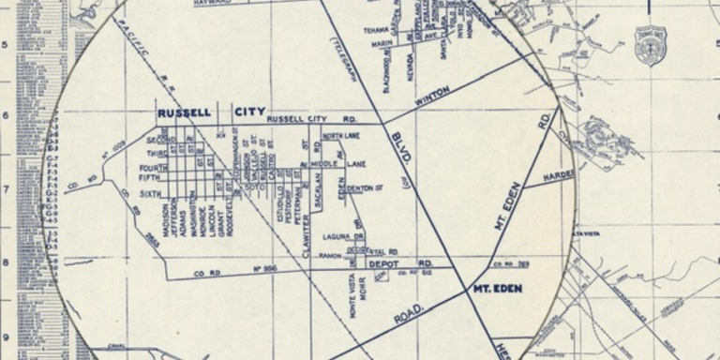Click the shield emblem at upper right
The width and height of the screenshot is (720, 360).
tap(650, 43)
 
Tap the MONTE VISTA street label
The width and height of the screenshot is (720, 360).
tap(352, 300)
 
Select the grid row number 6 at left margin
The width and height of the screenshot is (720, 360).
tap(6, 116)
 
